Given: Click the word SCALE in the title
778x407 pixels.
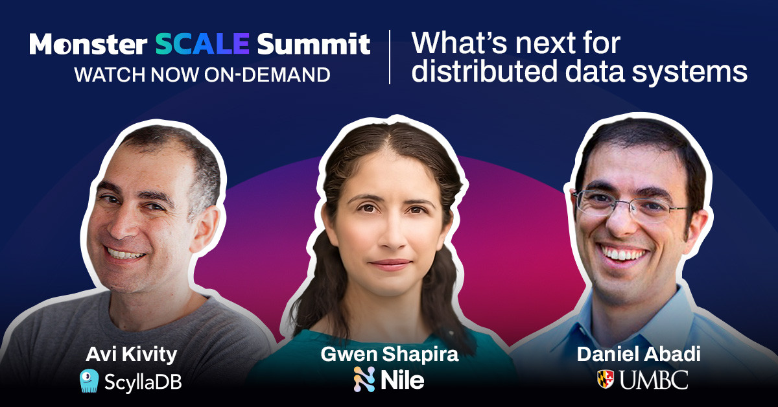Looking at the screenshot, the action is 202,44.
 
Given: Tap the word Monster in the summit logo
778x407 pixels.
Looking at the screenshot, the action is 88,44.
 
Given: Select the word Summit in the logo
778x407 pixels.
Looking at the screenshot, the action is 314,44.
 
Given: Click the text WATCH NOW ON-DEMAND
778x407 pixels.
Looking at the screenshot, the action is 202,75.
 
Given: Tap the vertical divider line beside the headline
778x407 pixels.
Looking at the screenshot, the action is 390,57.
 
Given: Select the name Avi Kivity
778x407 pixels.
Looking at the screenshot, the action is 131,355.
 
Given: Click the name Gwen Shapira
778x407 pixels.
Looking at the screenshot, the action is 390,355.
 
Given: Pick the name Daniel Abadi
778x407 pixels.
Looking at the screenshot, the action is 639,355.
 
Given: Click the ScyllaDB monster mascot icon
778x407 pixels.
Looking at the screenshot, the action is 89,380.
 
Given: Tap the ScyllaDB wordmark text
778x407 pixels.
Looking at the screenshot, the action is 143,382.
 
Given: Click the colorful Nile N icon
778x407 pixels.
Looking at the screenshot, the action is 364,379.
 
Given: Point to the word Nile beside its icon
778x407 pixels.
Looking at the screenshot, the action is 402,380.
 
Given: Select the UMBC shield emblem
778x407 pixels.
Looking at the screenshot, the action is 606,379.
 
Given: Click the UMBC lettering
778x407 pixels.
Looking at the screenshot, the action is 654,380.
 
